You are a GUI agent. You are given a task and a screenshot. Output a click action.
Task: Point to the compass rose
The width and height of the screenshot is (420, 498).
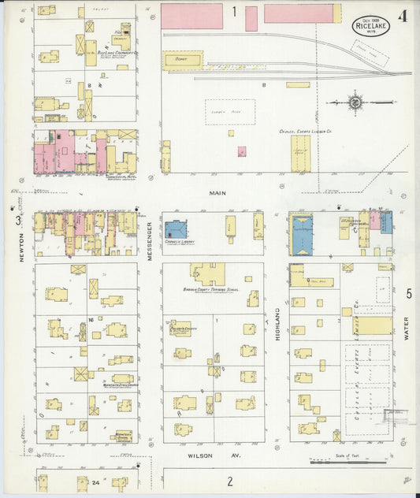coord(355,102)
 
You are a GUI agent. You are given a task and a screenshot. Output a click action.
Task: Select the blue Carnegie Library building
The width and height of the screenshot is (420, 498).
coord(175,230)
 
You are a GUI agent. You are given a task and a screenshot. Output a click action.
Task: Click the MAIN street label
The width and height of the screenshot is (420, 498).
coord(218,191)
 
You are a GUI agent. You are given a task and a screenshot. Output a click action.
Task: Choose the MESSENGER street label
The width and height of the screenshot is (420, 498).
coord(150,240)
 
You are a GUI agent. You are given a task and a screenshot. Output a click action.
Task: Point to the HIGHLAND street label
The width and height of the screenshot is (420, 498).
coord(277,324)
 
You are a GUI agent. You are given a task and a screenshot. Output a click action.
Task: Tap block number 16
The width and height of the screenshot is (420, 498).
coord(91,319)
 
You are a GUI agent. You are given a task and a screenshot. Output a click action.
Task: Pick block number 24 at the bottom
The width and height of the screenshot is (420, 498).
coord(95,481)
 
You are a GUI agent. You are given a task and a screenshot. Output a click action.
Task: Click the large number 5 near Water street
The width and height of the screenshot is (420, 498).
coord(408,294)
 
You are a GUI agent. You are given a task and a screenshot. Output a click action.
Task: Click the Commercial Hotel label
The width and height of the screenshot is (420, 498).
coord(87,177)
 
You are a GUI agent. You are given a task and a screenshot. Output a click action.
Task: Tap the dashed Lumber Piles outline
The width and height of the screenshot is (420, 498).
coord(230,112)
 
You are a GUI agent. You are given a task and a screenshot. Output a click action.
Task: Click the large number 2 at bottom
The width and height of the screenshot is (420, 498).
coord(230,481)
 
